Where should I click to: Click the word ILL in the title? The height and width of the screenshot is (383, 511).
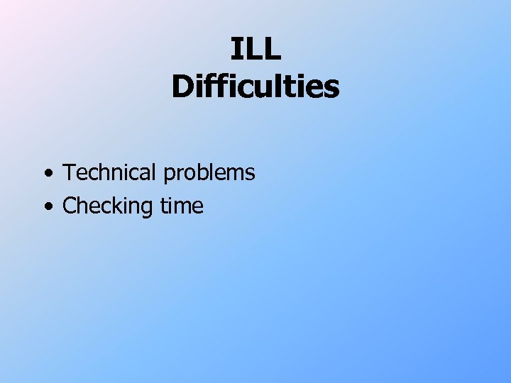(255, 49)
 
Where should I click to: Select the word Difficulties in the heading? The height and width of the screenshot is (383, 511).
(255, 87)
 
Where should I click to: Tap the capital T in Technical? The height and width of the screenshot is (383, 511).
(69, 172)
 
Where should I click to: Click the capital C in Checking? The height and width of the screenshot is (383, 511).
(70, 206)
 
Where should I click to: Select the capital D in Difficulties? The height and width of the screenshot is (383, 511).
(181, 87)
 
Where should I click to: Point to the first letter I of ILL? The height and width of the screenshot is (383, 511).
(236, 49)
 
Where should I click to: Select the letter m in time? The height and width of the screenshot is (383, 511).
(184, 208)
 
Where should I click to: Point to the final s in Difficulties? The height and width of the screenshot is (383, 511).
(332, 89)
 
